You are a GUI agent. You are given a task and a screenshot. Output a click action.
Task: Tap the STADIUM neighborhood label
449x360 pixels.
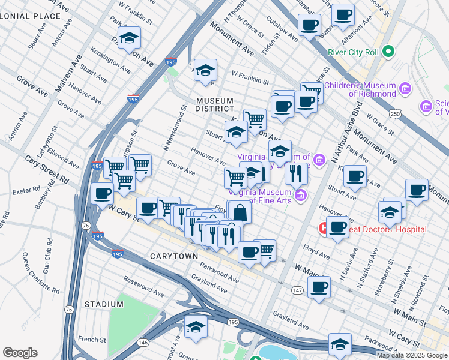pyautogui.click(x=104, y=304)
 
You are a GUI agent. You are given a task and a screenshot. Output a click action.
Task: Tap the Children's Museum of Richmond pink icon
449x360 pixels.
pyautogui.click(x=405, y=89)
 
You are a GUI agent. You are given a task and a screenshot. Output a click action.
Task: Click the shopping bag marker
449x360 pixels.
pyautogui.click(x=240, y=212)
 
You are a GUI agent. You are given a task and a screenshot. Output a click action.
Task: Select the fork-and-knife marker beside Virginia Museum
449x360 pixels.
pyautogui.click(x=296, y=173)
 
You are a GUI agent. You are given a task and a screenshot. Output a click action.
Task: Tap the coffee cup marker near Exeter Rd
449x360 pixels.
pyautogui.click(x=103, y=193)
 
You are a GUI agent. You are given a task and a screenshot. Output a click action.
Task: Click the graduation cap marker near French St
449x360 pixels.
pyautogui.click(x=196, y=328)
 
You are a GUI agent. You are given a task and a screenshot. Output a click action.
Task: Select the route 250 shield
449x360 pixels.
pyautogui.click(x=394, y=113)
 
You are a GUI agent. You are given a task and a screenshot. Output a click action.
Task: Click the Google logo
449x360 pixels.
pyautogui.click(x=20, y=353)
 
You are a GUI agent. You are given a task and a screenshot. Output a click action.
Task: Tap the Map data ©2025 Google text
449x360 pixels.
pyautogui.click(x=412, y=355)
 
